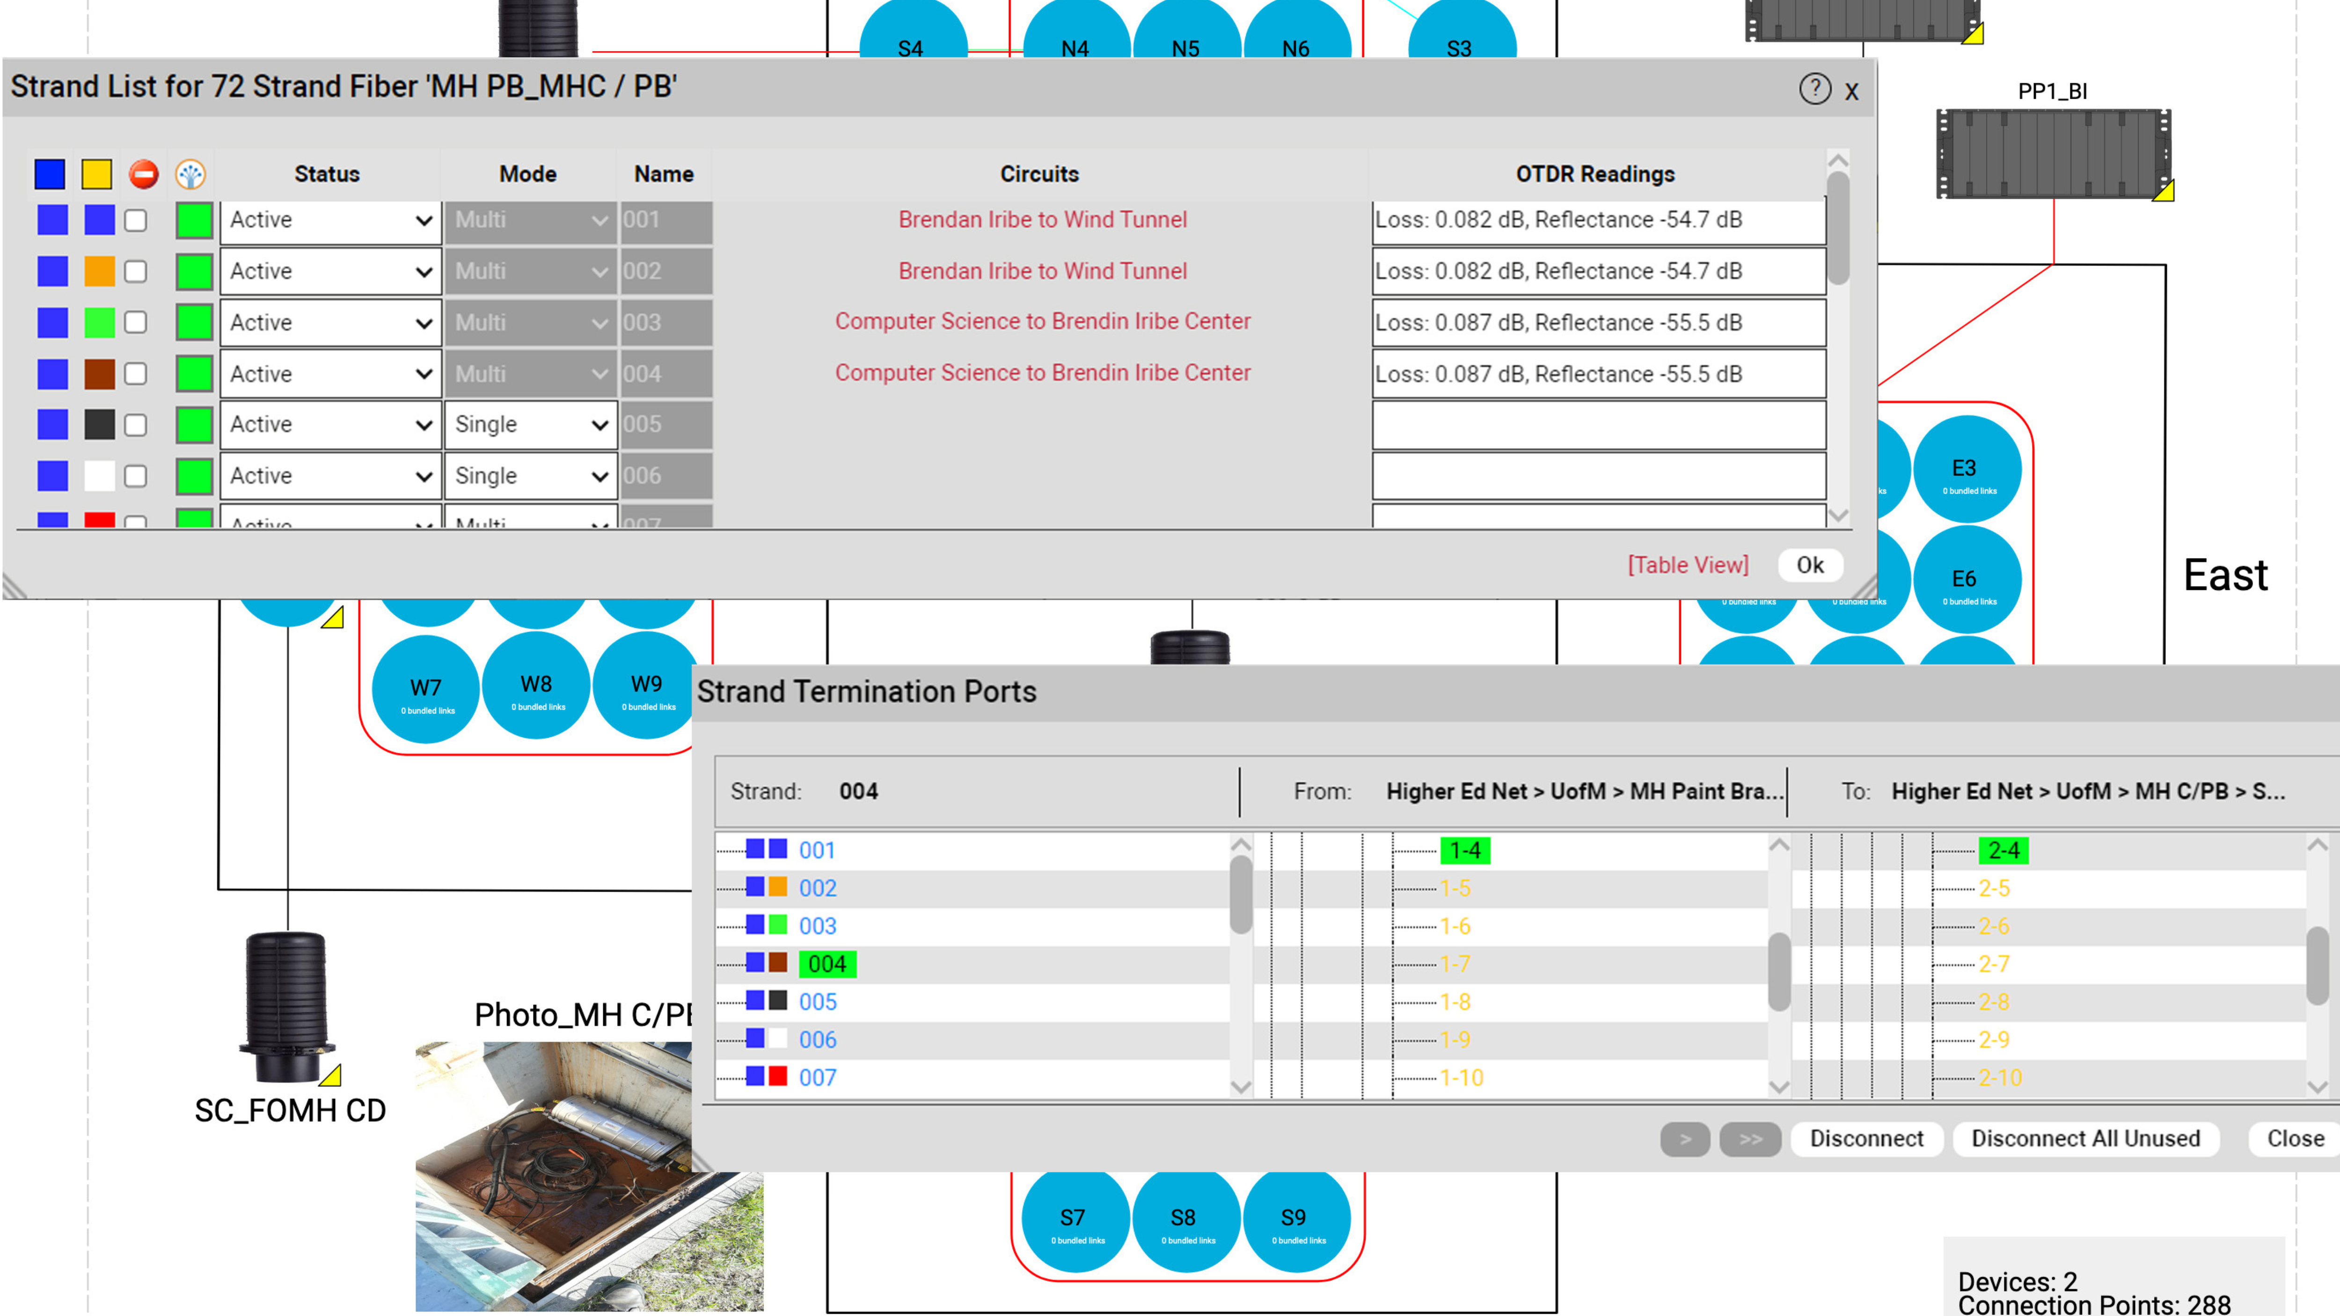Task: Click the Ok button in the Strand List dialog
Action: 1809,565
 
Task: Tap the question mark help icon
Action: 1814,89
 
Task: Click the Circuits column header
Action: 1039,174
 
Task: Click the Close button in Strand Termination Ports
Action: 2295,1138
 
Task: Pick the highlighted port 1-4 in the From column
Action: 1464,850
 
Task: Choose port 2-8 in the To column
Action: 1994,1002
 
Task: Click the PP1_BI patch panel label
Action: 2052,91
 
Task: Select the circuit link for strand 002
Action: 1042,271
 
